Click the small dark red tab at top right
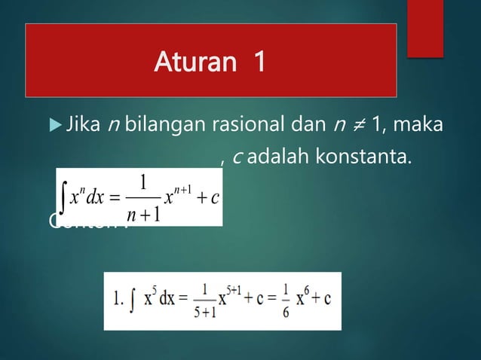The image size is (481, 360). tap(425, 29)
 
